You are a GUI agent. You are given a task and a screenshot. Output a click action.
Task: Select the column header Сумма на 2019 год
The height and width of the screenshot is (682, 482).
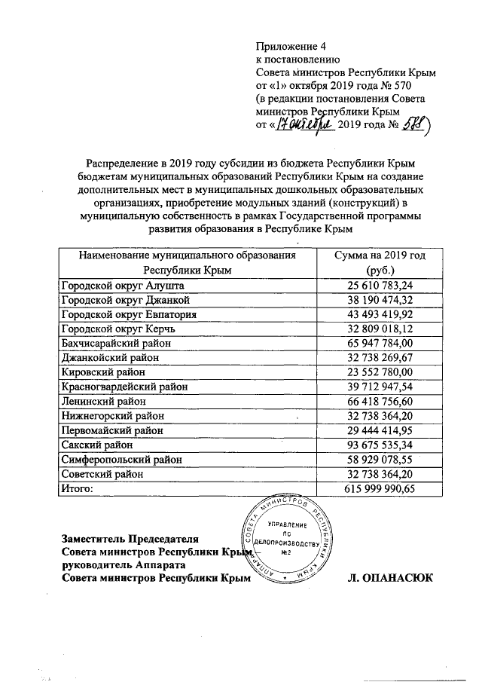tap(381, 256)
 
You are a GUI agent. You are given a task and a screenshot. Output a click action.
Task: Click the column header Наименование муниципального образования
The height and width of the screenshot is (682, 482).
tap(187, 256)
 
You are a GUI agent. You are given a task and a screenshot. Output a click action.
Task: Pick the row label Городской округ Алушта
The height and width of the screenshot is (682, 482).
tap(120, 285)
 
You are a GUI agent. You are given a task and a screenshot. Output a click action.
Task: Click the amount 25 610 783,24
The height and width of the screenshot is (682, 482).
tap(381, 285)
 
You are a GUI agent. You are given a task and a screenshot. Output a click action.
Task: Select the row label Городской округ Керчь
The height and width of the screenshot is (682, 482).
tap(117, 329)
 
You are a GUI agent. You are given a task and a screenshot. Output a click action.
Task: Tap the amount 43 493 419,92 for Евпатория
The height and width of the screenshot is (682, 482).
tap(381, 314)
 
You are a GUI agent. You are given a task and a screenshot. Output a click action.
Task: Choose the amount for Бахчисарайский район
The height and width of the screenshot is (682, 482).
tap(381, 343)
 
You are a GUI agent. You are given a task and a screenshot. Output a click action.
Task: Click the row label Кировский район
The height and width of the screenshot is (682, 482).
tap(99, 372)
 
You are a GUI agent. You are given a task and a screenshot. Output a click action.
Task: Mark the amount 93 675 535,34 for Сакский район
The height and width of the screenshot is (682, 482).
tap(381, 445)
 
